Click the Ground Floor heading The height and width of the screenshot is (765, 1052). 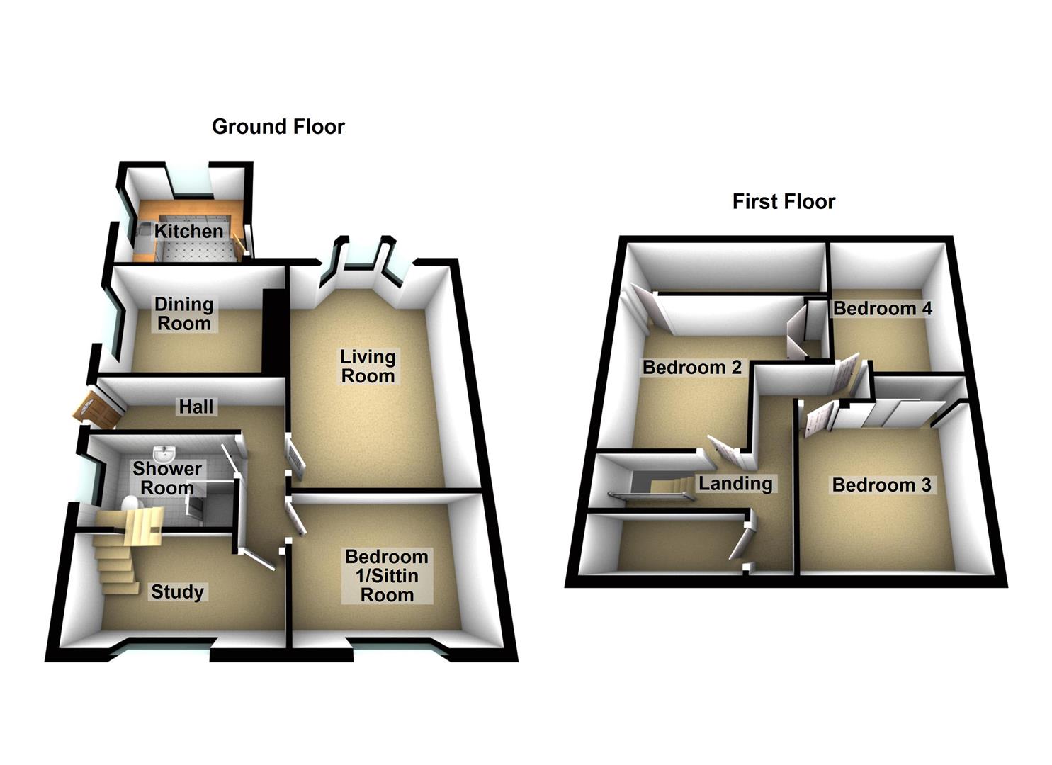pos(278,127)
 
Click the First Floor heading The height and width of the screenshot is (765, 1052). pos(784,202)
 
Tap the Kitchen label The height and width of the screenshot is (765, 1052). pos(188,232)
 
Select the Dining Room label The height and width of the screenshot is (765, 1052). pos(183,314)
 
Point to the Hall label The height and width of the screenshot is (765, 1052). pos(196,407)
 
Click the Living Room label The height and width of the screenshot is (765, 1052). pos(367,366)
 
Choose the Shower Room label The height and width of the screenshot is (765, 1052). pos(167,478)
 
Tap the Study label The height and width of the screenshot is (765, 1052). pos(177,592)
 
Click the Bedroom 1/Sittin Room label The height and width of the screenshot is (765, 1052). pos(387,576)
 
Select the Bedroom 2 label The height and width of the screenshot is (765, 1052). pos(691,368)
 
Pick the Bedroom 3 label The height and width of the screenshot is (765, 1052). pos(881,485)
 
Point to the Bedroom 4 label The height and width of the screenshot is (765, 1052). pos(882,309)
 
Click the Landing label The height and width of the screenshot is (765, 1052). pos(735,484)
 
